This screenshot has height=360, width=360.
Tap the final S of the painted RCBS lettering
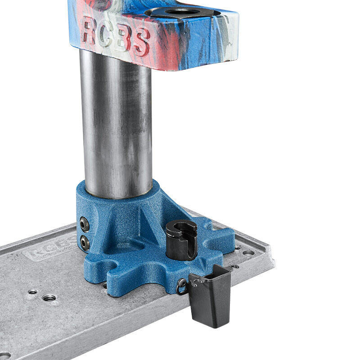point(141,42)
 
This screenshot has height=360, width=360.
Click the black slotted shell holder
point(181,239)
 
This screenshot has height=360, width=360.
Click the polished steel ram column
point(117,124)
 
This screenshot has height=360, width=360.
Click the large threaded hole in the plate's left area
point(49,298)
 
